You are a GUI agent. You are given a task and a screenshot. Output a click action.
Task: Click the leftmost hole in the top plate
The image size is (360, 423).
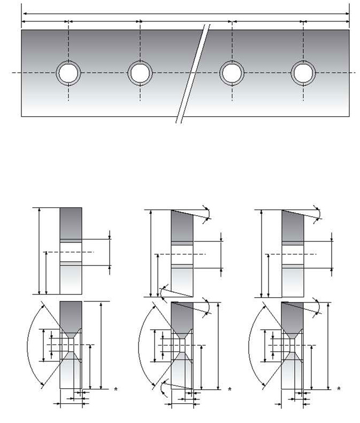[68, 72]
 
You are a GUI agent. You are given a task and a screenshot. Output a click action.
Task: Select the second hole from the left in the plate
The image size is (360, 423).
[140, 72]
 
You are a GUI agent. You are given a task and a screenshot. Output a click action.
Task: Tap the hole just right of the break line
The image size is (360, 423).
[232, 72]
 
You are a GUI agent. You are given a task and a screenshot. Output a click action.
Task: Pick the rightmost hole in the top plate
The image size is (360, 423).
[303, 72]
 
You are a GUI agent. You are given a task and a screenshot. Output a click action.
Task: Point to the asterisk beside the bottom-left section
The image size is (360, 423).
[116, 390]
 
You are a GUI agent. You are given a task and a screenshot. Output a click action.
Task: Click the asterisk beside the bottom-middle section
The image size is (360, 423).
[229, 390]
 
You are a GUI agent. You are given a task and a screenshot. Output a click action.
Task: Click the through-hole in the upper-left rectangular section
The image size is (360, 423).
[71, 252]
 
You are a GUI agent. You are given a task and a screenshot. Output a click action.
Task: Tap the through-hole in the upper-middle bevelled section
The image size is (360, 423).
[181, 253]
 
